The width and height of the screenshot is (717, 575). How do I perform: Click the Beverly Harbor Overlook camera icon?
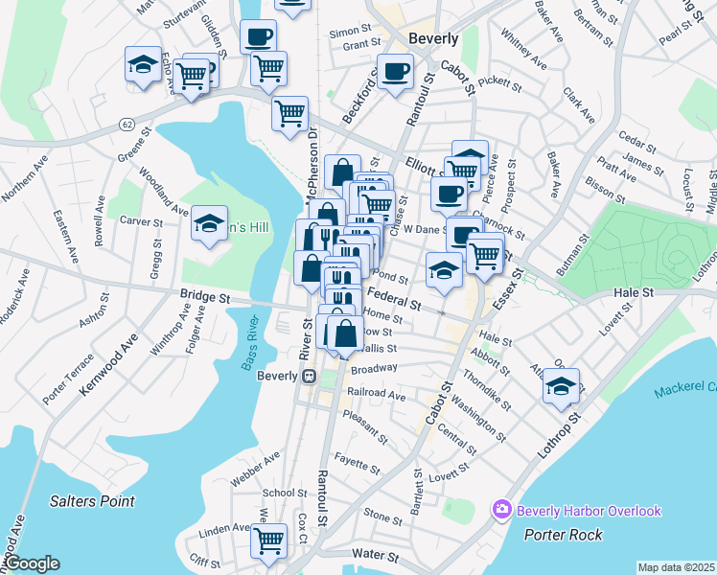[500, 510]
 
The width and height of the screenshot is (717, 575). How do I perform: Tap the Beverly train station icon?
[310, 376]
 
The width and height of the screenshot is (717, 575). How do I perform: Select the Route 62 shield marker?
[127, 125]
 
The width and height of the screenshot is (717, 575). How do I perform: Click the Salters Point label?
[92, 501]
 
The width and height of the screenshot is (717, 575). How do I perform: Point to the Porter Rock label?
[563, 534]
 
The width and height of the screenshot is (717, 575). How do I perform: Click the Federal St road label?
[394, 299]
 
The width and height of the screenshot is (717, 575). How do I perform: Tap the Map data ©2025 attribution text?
[676, 567]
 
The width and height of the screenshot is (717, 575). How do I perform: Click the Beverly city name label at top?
[433, 39]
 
